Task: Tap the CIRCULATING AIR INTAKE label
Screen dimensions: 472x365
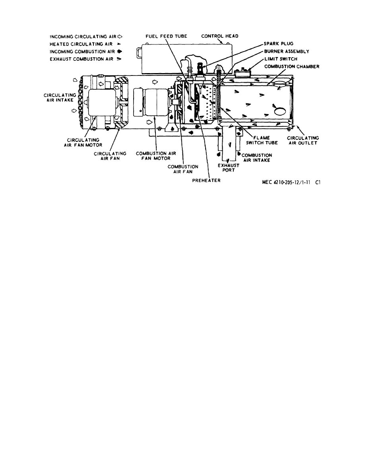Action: (58, 97)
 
